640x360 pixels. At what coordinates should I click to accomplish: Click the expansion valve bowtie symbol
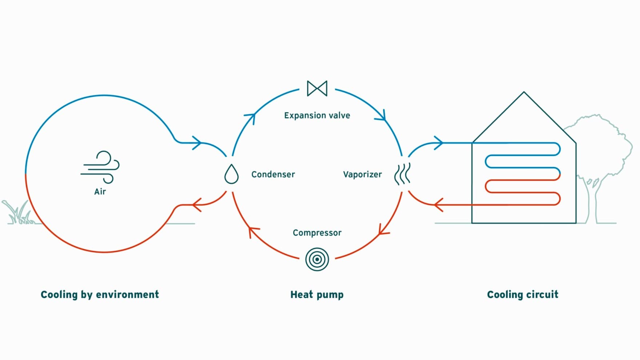click(x=317, y=88)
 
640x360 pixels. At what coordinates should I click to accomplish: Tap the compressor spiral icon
click(x=317, y=259)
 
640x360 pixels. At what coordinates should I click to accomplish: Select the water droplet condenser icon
click(x=231, y=174)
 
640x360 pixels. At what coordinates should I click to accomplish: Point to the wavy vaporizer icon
click(x=403, y=174)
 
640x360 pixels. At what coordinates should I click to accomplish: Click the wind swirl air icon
click(x=101, y=167)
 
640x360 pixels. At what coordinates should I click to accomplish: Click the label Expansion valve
click(x=317, y=116)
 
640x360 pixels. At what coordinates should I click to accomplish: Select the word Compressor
click(x=317, y=233)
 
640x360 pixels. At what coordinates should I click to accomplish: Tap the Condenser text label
click(x=273, y=175)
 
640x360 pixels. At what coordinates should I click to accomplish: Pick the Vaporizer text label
click(x=362, y=175)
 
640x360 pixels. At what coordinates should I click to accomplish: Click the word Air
click(x=100, y=192)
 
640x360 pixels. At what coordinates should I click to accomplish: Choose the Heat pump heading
click(x=317, y=295)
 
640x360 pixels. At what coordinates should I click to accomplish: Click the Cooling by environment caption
click(x=100, y=295)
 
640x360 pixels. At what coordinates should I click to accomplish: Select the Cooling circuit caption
click(x=523, y=295)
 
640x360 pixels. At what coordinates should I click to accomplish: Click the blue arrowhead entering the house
click(x=439, y=143)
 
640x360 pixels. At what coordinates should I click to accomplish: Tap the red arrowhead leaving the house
click(x=438, y=205)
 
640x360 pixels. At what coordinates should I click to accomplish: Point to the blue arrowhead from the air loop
click(x=196, y=143)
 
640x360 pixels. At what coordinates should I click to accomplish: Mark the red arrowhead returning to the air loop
click(x=196, y=205)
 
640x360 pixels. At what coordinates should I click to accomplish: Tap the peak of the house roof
click(x=524, y=92)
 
